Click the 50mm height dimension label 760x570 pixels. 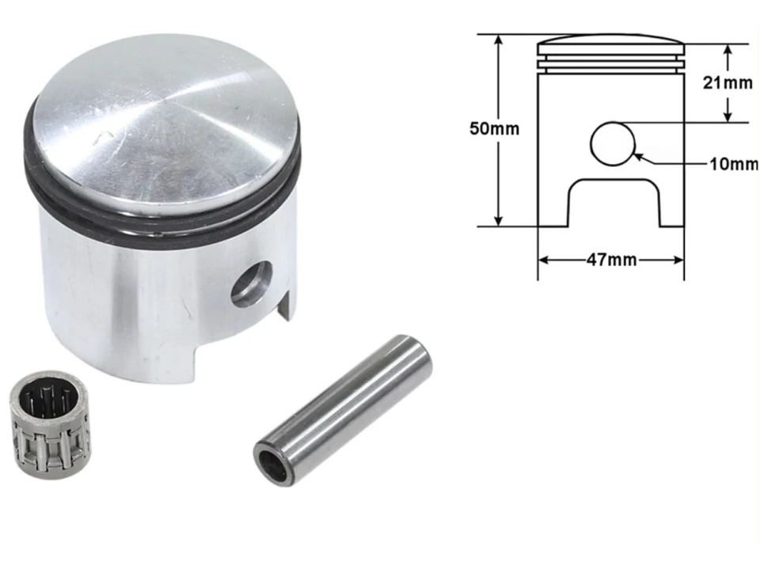point(495,129)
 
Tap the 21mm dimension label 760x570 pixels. point(728,82)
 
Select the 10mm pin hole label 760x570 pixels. point(733,165)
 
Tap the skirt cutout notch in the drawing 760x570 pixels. point(614,203)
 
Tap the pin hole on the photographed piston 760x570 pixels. point(251,283)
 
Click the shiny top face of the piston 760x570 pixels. point(166,127)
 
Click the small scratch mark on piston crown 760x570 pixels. point(99,140)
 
